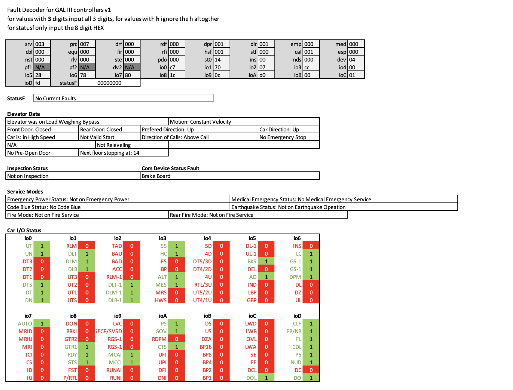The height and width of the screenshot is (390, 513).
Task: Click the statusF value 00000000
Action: [x=109, y=83]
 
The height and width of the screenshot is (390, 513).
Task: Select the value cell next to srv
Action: [x=42, y=44]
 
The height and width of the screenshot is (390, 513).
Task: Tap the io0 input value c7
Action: [x=177, y=67]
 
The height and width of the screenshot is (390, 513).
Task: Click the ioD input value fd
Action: [x=42, y=83]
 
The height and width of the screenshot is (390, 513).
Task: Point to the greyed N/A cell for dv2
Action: [x=132, y=67]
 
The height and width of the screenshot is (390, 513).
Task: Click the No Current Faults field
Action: [x=123, y=98]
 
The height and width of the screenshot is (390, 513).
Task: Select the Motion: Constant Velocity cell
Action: [x=244, y=122]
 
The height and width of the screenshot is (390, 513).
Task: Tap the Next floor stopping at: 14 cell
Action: [x=123, y=153]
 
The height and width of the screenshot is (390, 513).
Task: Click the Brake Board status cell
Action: [x=230, y=176]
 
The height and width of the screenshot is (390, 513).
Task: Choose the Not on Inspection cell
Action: [x=73, y=176]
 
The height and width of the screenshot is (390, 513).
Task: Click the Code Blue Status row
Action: [x=118, y=207]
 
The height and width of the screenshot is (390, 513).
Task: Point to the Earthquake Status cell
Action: [x=344, y=207]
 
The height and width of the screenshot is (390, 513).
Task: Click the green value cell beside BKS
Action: [x=266, y=261]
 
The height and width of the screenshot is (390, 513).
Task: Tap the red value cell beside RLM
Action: [x=87, y=246]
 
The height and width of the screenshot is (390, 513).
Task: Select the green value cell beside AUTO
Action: [x=42, y=323]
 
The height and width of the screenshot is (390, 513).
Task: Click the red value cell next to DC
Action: [x=311, y=370]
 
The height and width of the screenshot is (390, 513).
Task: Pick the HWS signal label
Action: [x=161, y=300]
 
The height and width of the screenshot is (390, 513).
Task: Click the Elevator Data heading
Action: [x=23, y=114]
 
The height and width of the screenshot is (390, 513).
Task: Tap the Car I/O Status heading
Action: [x=24, y=230]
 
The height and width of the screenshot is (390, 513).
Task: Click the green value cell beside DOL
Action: [x=266, y=378]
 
